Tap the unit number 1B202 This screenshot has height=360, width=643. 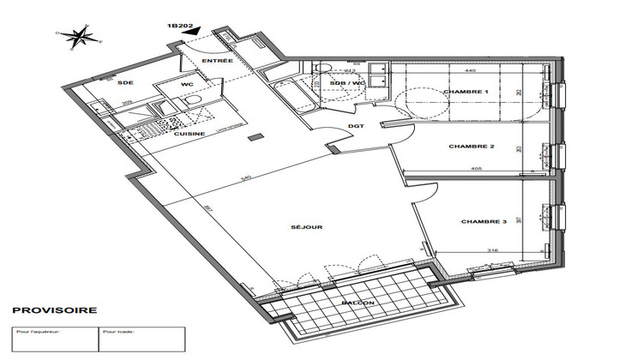[x=177, y=27]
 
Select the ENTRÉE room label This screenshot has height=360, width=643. [x=218, y=63]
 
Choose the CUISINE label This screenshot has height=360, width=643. [x=189, y=134]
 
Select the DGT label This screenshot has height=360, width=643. [x=357, y=128]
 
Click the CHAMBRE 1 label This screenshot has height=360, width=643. [x=466, y=91]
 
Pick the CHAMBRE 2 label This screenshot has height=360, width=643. [x=472, y=147]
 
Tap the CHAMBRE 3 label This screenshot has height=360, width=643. [x=484, y=222]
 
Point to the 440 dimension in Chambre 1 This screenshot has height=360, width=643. [x=470, y=70]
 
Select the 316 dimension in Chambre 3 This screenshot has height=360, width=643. [x=493, y=250]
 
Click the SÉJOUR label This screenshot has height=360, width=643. [x=306, y=227]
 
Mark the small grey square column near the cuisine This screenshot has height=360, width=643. [x=253, y=137]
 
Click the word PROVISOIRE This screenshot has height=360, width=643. [x=53, y=310]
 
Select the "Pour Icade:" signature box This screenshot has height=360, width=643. [x=141, y=339]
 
